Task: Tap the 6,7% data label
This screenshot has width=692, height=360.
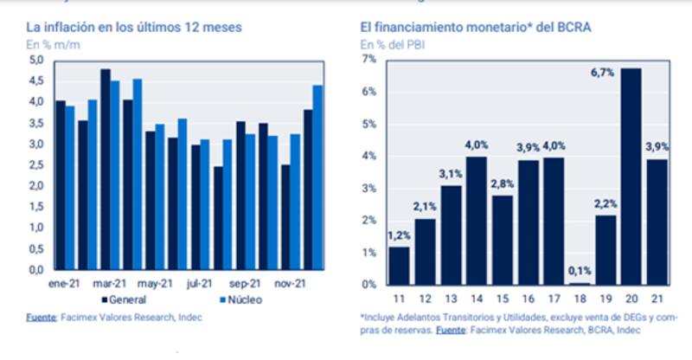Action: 628,73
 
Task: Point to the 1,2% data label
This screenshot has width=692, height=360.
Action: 399,235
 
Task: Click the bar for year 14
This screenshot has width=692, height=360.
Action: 476,220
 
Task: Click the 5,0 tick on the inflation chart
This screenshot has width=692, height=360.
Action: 36,60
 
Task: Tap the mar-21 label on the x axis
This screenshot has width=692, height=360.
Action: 111,283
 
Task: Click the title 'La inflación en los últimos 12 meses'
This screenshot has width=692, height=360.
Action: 133,28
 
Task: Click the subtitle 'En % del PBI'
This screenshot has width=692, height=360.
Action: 390,43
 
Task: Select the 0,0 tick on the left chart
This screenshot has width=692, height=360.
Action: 36,269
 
